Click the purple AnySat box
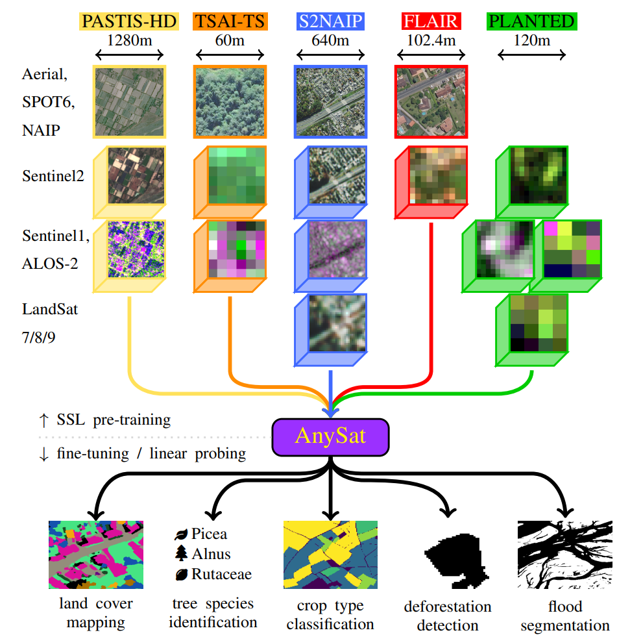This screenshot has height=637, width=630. click(330, 436)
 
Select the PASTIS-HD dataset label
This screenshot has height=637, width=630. click(129, 21)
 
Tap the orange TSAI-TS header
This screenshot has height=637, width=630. click(230, 21)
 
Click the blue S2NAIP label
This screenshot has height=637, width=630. click(330, 21)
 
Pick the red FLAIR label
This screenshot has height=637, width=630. click(431, 21)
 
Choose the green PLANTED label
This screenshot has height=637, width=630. click(532, 21)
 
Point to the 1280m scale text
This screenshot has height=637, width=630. click(129, 40)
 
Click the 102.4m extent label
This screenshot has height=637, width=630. click(431, 40)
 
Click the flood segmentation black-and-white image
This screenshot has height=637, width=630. click(564, 555)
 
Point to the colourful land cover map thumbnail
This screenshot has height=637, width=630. click(96, 553)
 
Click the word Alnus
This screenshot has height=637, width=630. click(211, 555)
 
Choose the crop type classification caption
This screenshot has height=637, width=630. click(330, 615)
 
